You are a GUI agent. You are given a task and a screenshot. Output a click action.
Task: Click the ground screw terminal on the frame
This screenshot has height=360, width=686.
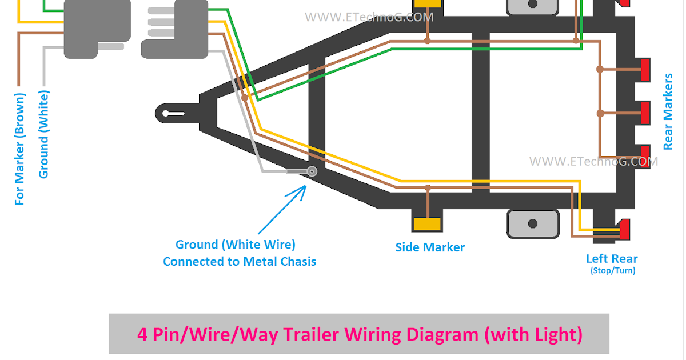312,171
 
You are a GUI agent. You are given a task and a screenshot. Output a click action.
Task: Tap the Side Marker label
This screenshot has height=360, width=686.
430,247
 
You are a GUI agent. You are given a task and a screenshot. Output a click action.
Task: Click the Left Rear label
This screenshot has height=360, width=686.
612,259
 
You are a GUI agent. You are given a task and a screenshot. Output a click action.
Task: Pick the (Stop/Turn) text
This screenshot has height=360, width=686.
612,271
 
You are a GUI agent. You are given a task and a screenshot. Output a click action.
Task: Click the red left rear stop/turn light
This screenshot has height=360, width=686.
624,230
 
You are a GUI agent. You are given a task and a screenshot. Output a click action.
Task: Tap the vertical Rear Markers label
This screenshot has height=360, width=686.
668,111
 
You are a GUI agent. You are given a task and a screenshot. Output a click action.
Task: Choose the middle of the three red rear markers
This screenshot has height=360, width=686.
645,113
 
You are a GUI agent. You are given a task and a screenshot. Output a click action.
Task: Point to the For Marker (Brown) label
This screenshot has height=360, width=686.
21,149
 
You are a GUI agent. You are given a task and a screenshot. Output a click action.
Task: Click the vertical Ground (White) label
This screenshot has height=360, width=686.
43,134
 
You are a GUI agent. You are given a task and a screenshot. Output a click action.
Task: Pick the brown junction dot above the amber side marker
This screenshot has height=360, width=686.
427,187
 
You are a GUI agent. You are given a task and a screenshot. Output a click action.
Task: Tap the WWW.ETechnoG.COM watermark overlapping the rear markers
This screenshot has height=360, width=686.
593,162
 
